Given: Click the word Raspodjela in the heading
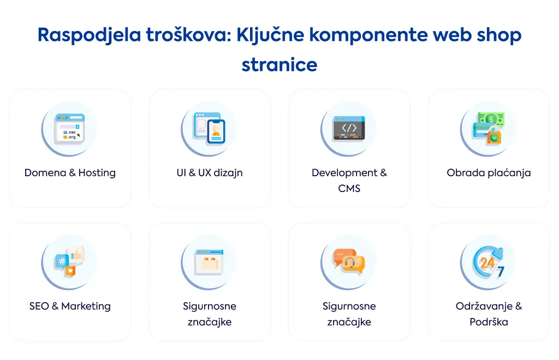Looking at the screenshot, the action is coord(89,35).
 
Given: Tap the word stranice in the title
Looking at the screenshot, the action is coord(279,65).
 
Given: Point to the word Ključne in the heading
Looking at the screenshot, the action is coord(270,35).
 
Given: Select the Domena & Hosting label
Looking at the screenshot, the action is coord(70,173).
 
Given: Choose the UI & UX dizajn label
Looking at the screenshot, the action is coord(210,173).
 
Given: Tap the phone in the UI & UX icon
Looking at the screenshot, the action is coord(216,131).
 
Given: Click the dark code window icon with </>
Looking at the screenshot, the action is coord(349,128).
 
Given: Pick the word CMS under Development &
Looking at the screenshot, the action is coord(349,188).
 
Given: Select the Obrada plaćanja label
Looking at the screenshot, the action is coord(489,173).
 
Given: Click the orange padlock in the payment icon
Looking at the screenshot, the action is coord(494,136).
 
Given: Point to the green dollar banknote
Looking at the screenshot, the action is coord(491,118).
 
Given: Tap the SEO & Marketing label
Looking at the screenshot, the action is coord(70,306).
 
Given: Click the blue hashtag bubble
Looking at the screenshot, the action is coord(61,262).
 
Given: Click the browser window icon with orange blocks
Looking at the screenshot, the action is coord(209,262).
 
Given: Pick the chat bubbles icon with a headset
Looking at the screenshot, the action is coord(349,262).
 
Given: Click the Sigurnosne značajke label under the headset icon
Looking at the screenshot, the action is coord(349,314).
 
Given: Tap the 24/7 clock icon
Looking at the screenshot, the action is coord(489,262).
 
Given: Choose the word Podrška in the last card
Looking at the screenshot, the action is coord(489,322).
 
